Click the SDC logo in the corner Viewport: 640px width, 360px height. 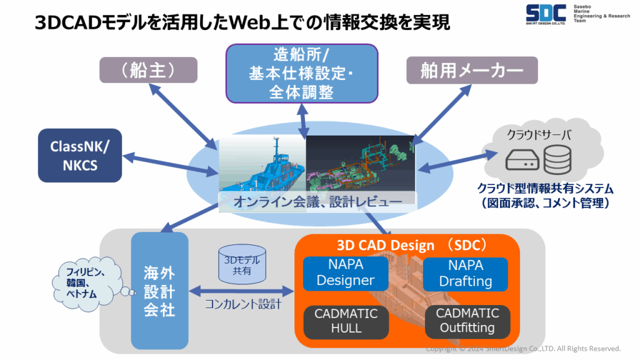click(x=546, y=15)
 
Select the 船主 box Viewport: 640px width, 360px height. click(x=149, y=70)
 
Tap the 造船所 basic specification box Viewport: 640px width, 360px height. click(x=302, y=74)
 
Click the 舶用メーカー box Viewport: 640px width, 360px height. click(x=472, y=70)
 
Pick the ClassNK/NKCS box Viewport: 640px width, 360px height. click(x=80, y=156)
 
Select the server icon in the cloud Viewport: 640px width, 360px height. click(x=522, y=160)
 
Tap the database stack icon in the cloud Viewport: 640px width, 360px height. click(x=557, y=159)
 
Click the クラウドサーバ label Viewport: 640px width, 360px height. click(x=539, y=135)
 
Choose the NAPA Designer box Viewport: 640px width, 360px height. click(x=345, y=272)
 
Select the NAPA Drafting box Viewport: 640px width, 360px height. click(x=465, y=274)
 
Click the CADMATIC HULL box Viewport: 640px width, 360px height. click(x=346, y=322)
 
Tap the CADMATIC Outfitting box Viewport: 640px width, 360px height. click(x=467, y=321)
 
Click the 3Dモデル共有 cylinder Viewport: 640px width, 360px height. click(x=242, y=264)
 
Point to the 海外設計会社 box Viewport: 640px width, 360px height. click(x=159, y=291)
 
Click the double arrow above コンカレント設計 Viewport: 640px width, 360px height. click(x=242, y=291)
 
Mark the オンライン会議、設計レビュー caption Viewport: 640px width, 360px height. click(x=317, y=202)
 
